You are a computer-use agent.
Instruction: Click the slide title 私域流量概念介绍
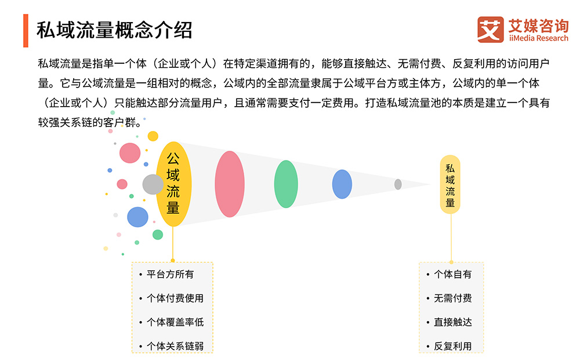114,30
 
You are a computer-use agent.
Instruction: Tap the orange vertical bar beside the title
26,31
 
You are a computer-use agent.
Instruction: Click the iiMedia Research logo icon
491,30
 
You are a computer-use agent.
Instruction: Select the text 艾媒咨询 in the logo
538,26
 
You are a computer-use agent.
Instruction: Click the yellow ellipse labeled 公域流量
173,184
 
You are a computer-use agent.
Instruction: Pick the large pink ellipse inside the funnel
230,184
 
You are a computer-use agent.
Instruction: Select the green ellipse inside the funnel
286,184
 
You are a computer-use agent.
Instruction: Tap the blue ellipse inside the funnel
342,184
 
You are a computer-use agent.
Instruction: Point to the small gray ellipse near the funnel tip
398,184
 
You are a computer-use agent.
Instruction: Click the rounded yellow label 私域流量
450,184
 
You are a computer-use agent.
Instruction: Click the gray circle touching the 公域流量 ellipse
153,184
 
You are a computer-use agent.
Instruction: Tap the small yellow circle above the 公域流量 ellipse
153,136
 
